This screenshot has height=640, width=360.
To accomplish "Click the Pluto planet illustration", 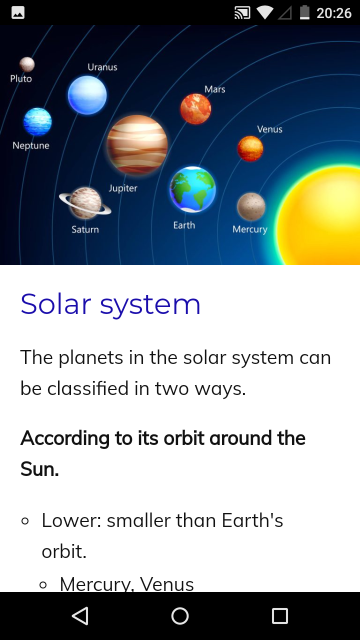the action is (x=27, y=64).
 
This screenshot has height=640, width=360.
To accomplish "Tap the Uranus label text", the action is (x=102, y=67).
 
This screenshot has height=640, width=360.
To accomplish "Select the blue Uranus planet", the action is (x=87, y=95).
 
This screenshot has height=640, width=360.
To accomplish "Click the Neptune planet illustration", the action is (x=37, y=121).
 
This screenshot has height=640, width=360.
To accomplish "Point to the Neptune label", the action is (x=31, y=145).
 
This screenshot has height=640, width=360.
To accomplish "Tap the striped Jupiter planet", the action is (x=137, y=145).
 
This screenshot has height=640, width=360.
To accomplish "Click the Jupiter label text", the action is (x=123, y=188).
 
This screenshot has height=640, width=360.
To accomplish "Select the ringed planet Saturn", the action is (x=85, y=203).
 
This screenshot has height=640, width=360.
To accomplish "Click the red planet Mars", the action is (x=195, y=109).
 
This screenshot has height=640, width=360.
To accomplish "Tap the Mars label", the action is (x=215, y=89).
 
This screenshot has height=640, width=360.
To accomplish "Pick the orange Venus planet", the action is (x=250, y=148).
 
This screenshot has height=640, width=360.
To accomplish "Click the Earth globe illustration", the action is (x=192, y=189).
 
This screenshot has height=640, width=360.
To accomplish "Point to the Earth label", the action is (x=184, y=225).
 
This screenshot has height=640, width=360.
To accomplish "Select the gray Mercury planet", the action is (x=251, y=206).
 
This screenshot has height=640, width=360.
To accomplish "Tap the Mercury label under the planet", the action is (x=250, y=229).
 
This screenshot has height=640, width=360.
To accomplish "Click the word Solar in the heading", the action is (x=56, y=304).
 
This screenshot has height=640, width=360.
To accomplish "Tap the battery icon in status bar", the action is (x=304, y=12).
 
